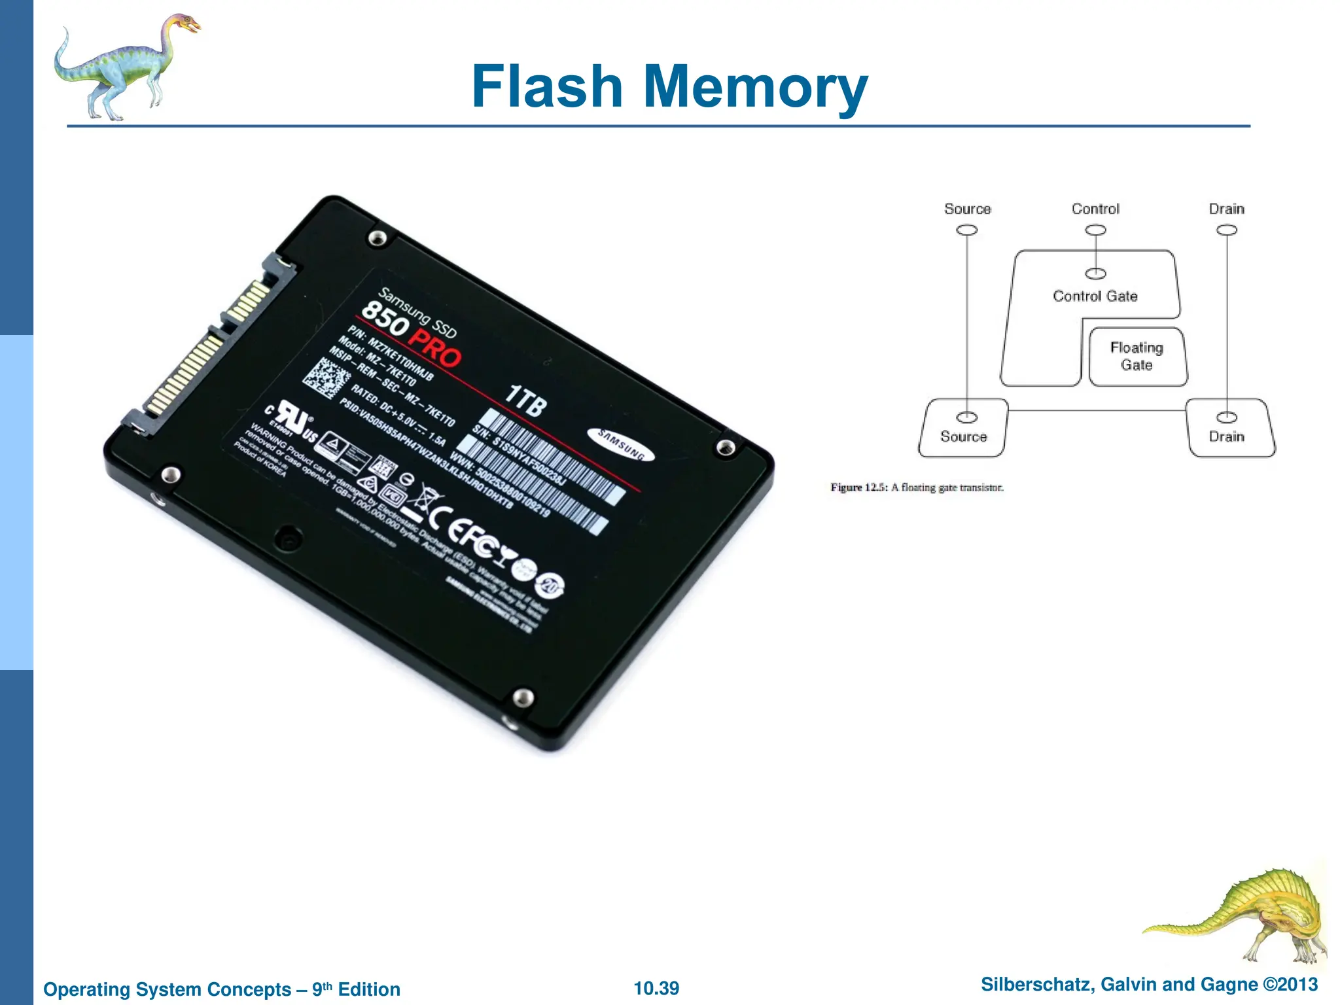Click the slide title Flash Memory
669,86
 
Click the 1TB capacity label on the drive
525,400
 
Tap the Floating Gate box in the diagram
1137,357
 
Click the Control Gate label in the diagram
1095,296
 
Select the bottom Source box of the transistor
964,429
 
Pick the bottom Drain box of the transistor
1229,429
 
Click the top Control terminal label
1095,209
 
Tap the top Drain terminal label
1226,209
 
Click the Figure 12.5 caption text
917,487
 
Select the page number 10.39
656,988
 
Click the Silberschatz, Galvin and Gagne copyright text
1149,985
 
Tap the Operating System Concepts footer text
222,989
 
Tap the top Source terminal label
967,209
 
